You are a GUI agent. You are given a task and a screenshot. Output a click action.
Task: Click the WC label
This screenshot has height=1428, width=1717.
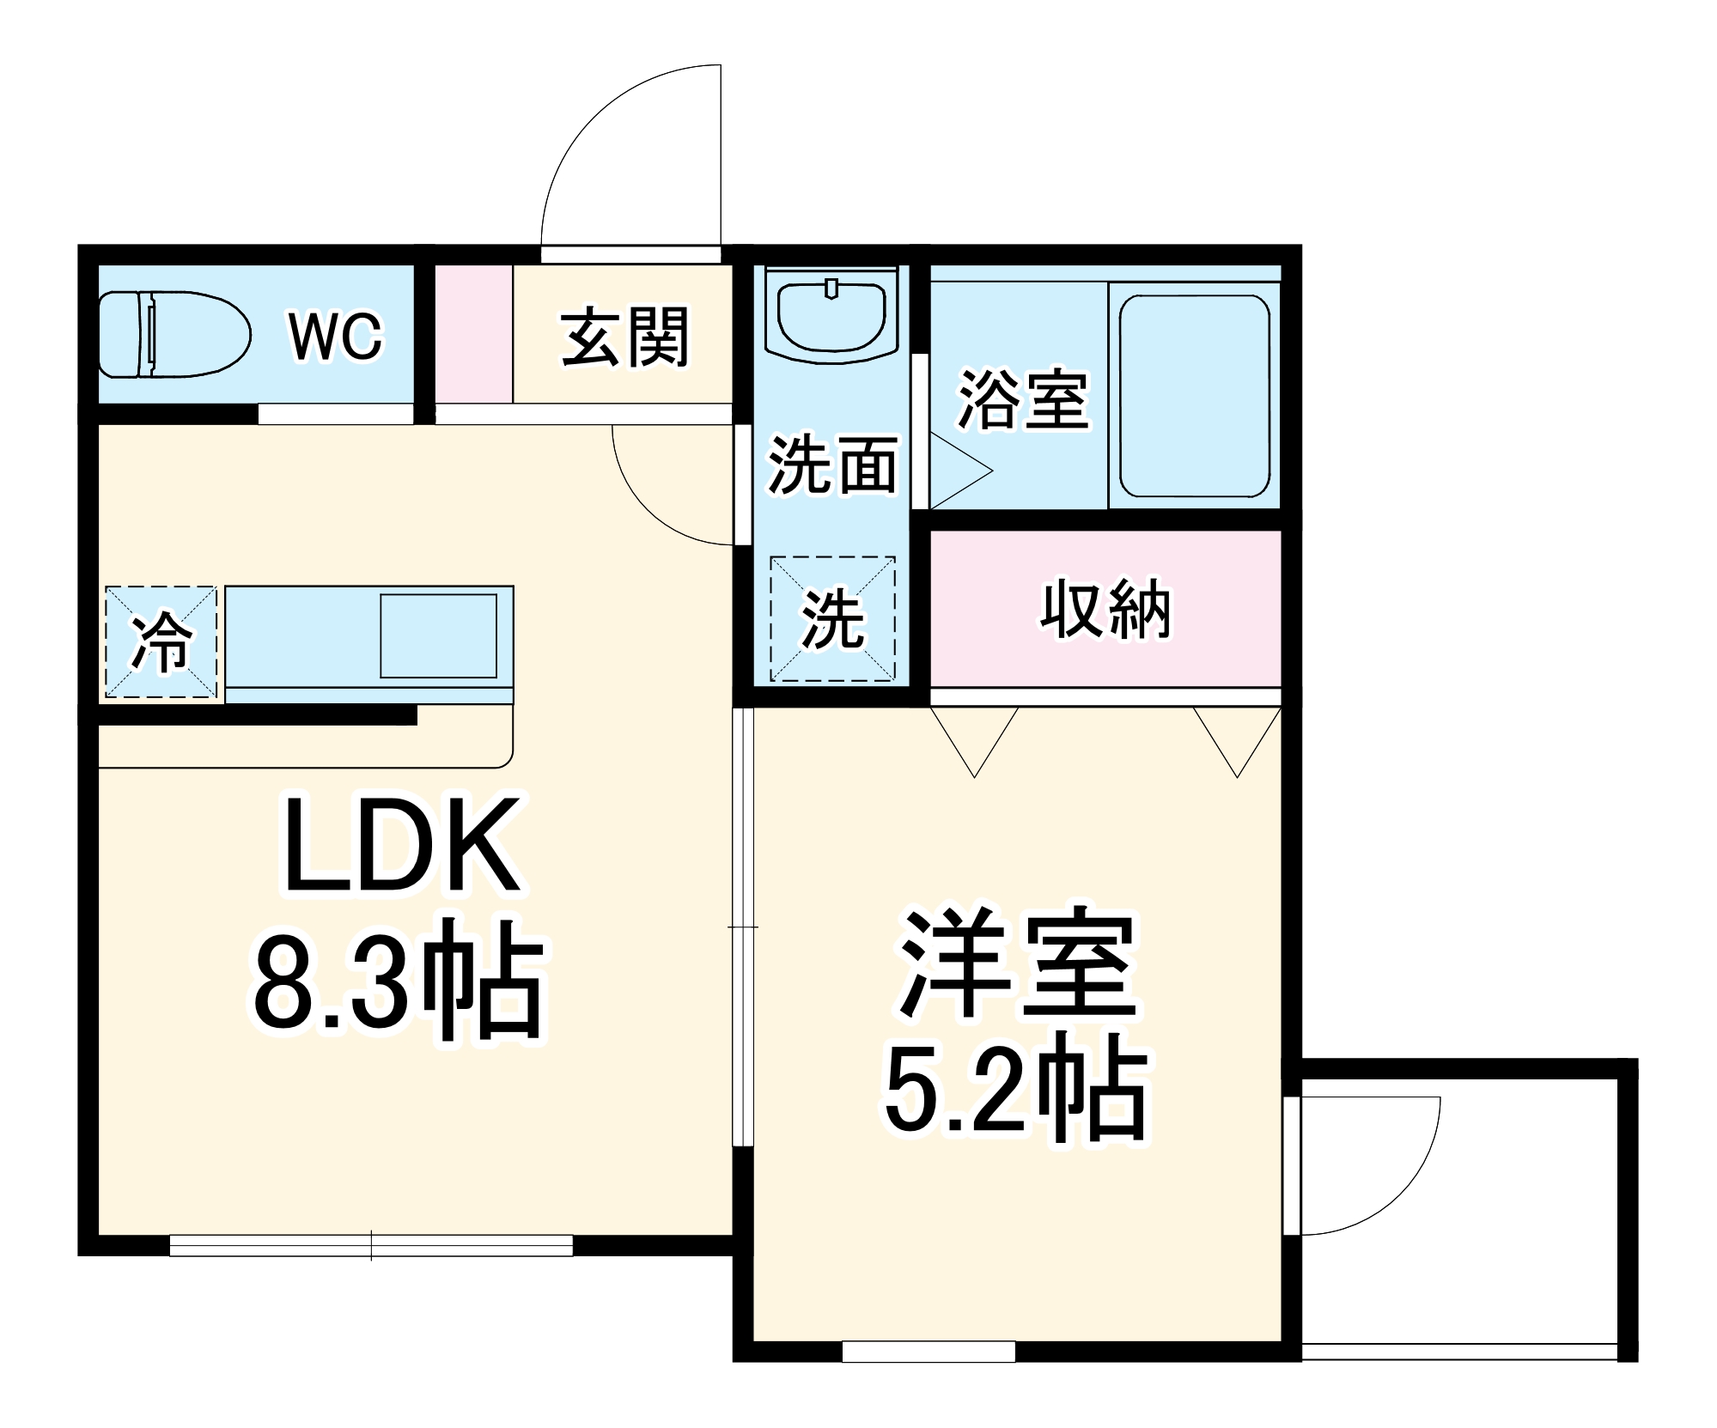[x=335, y=337]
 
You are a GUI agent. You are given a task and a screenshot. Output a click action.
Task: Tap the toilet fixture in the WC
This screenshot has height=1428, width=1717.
[x=172, y=334]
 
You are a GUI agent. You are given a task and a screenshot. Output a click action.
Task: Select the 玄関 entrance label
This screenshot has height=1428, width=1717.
[x=624, y=337]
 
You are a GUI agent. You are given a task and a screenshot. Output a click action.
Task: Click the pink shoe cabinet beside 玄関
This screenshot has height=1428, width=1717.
[x=473, y=334]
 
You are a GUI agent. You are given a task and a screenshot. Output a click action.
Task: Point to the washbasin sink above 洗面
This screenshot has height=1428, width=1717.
[x=831, y=315]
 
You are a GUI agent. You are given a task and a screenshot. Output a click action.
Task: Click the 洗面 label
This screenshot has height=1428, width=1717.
[x=831, y=465]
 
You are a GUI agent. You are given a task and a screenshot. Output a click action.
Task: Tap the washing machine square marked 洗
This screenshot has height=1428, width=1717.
[x=832, y=619]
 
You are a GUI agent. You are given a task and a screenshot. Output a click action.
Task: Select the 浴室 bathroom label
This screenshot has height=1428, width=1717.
[x=1022, y=400]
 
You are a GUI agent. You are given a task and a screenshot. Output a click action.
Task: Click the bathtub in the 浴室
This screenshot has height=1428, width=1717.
[x=1194, y=396]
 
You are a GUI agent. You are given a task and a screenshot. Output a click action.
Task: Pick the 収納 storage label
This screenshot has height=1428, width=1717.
[x=1105, y=609]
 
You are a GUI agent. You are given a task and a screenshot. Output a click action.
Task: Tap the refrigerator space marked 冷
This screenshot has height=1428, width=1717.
[x=161, y=641]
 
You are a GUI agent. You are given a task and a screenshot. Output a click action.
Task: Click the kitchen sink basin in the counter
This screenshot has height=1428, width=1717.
[x=438, y=635]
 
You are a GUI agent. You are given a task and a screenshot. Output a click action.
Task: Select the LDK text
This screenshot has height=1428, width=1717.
[x=402, y=846]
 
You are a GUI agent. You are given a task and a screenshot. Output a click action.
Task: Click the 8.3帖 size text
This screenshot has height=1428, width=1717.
[x=399, y=980]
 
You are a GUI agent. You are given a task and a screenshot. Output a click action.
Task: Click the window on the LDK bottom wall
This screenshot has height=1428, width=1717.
[x=371, y=1245]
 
